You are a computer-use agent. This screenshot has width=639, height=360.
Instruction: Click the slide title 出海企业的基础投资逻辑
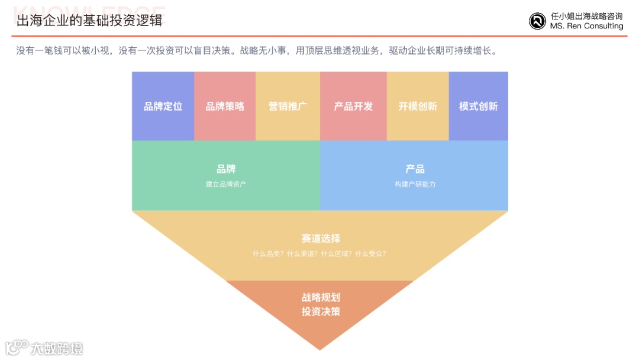[x=89, y=22]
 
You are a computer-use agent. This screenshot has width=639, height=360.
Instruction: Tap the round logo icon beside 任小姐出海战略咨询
[x=537, y=21]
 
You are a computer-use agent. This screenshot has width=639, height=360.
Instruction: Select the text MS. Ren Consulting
[x=586, y=26]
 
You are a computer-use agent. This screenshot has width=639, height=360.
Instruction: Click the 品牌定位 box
[x=163, y=107]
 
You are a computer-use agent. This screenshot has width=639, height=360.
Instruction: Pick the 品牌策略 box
[x=225, y=107]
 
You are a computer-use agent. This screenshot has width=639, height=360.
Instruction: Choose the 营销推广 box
[x=288, y=107]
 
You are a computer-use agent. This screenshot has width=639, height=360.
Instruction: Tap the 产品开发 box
[x=353, y=107]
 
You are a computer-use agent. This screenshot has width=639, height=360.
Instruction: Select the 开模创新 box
[x=418, y=107]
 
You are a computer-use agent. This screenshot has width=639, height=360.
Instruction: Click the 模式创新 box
[x=478, y=107]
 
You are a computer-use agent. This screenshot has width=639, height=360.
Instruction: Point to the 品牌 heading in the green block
[x=226, y=169]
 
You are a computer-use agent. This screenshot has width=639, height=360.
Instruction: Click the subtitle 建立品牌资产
[x=226, y=184]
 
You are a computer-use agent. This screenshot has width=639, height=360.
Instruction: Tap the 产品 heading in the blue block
[x=415, y=169]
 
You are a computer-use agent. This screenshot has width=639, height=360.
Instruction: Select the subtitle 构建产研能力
[x=415, y=184]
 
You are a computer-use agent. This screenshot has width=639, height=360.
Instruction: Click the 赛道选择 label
[x=321, y=239]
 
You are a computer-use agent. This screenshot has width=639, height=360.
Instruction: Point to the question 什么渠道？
[x=302, y=253]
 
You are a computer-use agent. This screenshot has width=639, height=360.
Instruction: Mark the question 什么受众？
[x=370, y=253]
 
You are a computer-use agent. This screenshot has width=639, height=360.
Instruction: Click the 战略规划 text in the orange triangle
[x=321, y=298]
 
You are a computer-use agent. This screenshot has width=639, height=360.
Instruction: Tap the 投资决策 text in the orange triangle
[x=321, y=311]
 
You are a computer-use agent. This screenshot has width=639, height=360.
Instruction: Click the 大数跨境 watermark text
[x=57, y=348]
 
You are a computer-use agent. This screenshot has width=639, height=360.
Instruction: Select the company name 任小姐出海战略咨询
[x=586, y=17]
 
